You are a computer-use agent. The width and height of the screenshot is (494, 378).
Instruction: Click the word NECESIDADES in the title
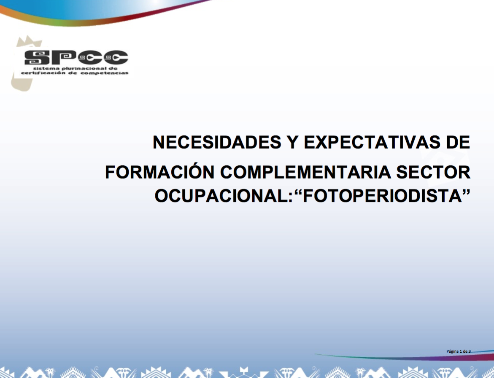[217, 142]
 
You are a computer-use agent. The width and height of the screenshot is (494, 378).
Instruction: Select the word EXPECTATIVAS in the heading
[372, 142]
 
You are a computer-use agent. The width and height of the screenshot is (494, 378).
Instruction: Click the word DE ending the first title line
[458, 142]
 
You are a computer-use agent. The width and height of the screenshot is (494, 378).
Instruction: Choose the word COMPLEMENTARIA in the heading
[305, 172]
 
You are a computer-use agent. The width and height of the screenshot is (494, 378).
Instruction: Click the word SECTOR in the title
[433, 172]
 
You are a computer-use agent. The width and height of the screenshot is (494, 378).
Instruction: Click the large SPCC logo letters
[76, 57]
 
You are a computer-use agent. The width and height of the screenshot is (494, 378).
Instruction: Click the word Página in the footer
[452, 351]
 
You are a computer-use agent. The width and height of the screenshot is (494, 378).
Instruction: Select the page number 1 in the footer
[461, 351]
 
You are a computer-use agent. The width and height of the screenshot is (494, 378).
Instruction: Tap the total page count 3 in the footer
[470, 351]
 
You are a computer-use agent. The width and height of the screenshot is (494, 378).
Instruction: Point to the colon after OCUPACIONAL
[291, 198]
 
